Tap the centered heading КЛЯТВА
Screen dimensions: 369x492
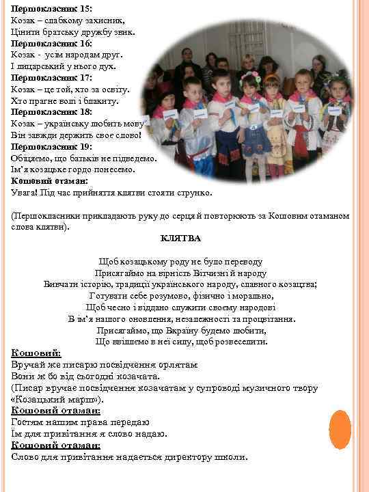pos(180,238)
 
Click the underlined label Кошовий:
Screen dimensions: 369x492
pos(36,353)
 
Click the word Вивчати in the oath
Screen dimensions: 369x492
pos(61,284)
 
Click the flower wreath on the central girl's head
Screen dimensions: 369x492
pos(249,76)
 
